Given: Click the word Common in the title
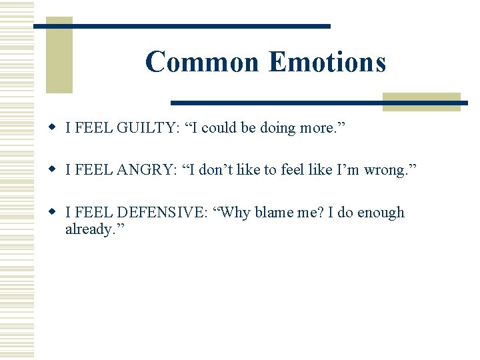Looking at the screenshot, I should [201, 62].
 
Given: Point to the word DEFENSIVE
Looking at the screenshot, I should [161, 213].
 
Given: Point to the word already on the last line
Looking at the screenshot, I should [89, 229].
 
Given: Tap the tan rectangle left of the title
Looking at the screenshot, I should [59, 55].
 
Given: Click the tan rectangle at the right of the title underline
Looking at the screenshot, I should [421, 101].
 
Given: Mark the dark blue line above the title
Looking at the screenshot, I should [182, 26].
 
